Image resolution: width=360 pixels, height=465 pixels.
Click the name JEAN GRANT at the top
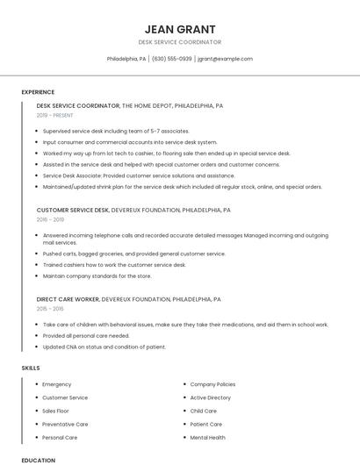(x=179, y=29)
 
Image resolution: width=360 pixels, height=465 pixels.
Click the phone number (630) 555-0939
(x=171, y=59)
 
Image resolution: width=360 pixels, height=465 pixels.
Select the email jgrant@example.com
(x=225, y=59)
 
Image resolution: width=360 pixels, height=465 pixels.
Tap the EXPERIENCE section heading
(x=38, y=92)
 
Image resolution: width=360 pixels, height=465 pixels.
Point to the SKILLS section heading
(x=31, y=368)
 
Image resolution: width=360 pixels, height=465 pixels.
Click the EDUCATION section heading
(x=38, y=460)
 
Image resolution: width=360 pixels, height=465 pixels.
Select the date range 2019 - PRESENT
(x=55, y=115)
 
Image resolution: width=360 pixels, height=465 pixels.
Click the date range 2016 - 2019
(x=50, y=219)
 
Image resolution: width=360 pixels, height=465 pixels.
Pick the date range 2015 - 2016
(x=50, y=309)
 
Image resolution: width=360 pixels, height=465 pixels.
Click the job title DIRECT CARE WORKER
(x=68, y=299)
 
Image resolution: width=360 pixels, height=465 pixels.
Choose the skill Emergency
(x=57, y=384)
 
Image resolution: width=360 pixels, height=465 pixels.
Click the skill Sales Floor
(x=55, y=411)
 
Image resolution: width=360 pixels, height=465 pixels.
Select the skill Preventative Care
(x=65, y=424)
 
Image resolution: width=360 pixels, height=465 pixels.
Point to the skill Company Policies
(x=212, y=384)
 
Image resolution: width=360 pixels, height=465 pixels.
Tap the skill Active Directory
(x=211, y=397)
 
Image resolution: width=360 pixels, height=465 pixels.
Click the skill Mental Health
(x=207, y=437)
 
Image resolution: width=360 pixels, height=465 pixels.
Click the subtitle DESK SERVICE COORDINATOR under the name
(x=179, y=42)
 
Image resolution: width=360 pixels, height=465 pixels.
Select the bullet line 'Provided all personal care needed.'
(x=86, y=335)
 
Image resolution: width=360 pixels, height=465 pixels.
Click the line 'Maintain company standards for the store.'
(x=97, y=275)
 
